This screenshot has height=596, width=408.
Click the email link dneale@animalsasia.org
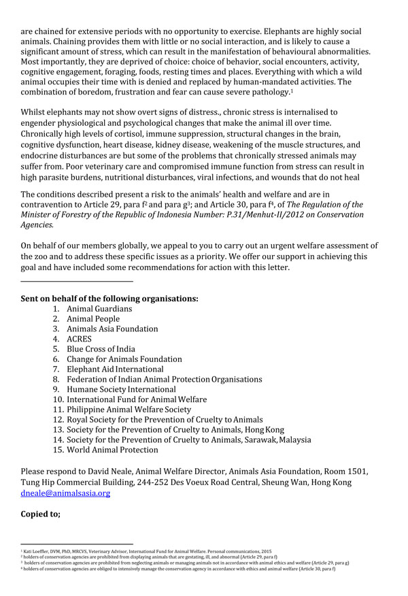pyautogui.click(x=65, y=493)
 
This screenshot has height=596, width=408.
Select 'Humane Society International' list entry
pyautogui.click(x=121, y=389)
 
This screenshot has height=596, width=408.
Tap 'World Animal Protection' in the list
pyautogui.click(x=112, y=450)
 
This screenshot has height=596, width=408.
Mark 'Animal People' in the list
pyautogui.click(x=93, y=319)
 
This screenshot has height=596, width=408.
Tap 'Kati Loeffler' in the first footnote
pyautogui.click(x=38, y=548)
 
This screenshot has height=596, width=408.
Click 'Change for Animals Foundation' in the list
pyautogui.click(x=124, y=359)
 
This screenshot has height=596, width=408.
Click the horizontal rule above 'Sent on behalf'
pyautogui.click(x=77, y=281)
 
